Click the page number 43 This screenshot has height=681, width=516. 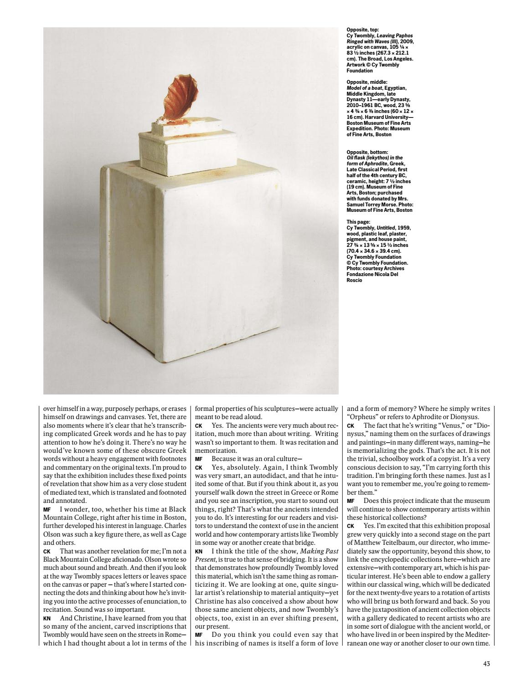tap(486, 664)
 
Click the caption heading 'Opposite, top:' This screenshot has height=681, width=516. tap(363, 30)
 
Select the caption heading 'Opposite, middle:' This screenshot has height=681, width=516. tap(366, 82)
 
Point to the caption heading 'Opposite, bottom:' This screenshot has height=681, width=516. tap(367, 152)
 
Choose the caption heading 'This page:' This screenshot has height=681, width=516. tap(358, 222)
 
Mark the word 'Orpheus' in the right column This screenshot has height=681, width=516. tap(364, 417)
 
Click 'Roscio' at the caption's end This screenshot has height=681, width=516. tap(354, 280)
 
